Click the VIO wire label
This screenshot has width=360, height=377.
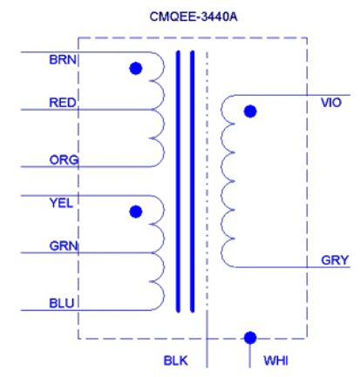(331, 103)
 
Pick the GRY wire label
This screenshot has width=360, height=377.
(334, 260)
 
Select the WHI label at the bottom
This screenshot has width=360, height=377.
(275, 360)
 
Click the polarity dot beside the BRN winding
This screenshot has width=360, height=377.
(135, 68)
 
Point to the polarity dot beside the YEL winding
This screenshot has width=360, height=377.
(135, 212)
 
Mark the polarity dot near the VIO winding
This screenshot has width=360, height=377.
(250, 111)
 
